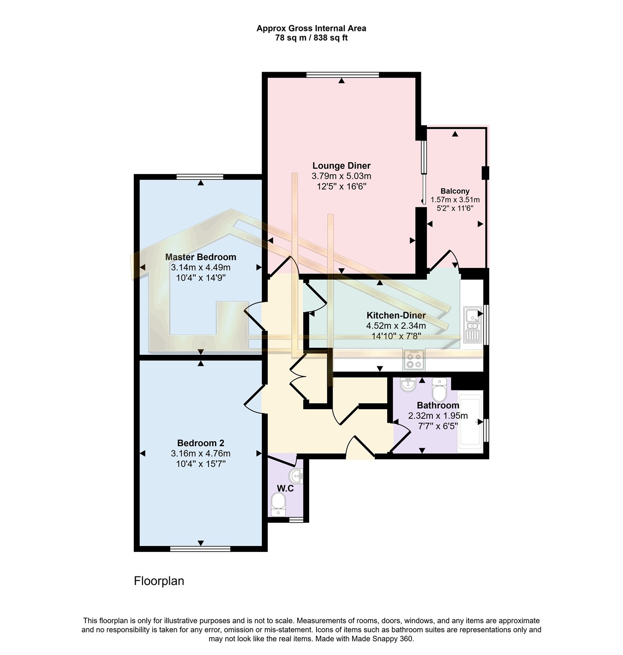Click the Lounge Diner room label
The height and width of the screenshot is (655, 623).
click(x=341, y=165)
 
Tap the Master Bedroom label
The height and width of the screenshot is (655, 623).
click(x=200, y=257)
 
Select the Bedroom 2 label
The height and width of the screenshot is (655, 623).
click(x=200, y=443)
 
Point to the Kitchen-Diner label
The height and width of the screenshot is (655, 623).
click(x=396, y=315)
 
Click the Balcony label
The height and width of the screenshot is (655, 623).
click(x=455, y=191)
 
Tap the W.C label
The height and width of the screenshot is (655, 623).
click(x=285, y=488)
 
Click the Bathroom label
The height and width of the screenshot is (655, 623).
click(x=438, y=405)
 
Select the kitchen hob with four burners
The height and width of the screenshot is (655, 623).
click(x=414, y=360)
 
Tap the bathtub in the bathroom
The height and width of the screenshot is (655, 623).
click(x=470, y=422)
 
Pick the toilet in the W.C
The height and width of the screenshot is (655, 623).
click(x=278, y=505)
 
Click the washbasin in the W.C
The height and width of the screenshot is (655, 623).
click(x=296, y=476)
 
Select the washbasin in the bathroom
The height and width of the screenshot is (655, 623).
click(x=408, y=384)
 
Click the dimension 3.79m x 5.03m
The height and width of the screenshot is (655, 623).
click(x=341, y=176)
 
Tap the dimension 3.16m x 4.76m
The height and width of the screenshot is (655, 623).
click(x=200, y=454)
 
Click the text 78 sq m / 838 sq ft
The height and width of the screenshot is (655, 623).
click(x=311, y=38)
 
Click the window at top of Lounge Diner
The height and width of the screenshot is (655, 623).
click(x=342, y=75)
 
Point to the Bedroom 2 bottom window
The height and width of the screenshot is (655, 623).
click(x=200, y=549)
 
